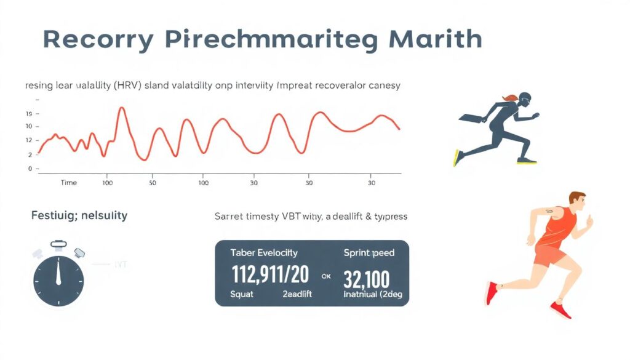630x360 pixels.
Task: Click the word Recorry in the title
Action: click(98, 39)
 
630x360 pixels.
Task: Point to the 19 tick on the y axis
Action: click(29, 114)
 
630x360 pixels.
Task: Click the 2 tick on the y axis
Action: click(30, 154)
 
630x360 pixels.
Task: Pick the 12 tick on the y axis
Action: click(29, 140)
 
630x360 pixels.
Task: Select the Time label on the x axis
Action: click(69, 183)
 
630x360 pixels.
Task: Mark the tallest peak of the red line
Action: click(121, 109)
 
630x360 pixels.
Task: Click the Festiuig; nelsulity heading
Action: click(79, 215)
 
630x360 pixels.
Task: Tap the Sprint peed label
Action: click(369, 253)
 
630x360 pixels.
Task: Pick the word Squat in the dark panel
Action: click(242, 294)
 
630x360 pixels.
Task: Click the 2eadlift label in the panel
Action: click(297, 294)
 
